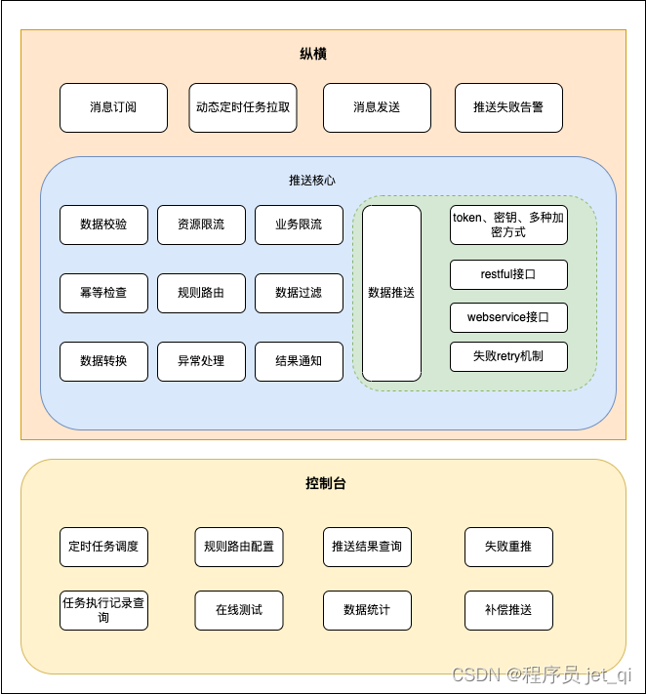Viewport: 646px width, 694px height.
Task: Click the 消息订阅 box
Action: (x=113, y=107)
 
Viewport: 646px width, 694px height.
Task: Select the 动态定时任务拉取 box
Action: (x=243, y=107)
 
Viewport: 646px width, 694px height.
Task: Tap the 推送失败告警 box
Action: (x=508, y=107)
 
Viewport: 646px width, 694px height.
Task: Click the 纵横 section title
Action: (x=313, y=54)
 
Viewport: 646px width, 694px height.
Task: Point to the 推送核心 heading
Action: (x=312, y=181)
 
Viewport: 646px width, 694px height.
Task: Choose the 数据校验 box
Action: (x=103, y=225)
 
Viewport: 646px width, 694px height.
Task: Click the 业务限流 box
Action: (x=299, y=225)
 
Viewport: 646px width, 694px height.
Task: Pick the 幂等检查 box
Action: (x=103, y=293)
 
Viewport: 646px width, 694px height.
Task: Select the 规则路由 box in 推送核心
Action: (x=201, y=293)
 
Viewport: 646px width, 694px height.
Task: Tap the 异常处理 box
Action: (x=201, y=361)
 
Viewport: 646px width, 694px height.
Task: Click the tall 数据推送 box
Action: (x=391, y=293)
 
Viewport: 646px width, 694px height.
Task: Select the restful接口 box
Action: (x=508, y=274)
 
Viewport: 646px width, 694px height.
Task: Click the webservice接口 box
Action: (x=508, y=317)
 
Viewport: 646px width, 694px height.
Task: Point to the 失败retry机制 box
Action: (x=508, y=356)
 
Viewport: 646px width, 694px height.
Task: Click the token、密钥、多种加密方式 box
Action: (x=508, y=225)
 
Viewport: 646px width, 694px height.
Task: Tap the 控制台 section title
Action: (x=325, y=483)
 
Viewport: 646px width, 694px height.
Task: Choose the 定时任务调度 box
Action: (x=103, y=547)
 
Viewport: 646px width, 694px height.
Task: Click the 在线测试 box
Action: (x=239, y=610)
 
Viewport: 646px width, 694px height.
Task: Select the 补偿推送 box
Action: (x=508, y=610)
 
